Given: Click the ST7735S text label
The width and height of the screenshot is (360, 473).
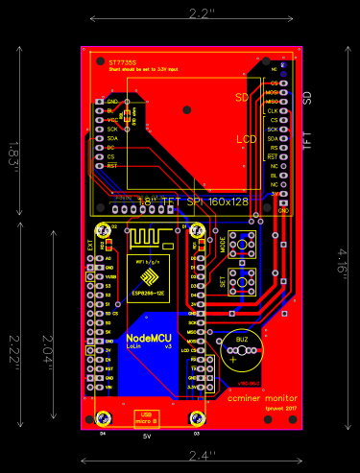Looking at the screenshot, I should pyautogui.click(x=123, y=60).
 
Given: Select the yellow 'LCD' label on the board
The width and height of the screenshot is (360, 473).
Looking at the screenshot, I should pyautogui.click(x=246, y=140).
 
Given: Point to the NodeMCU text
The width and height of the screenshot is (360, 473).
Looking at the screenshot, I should pyautogui.click(x=148, y=339).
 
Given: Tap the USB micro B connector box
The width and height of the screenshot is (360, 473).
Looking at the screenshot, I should pyautogui.click(x=148, y=416).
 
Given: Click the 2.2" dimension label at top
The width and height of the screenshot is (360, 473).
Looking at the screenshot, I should pyautogui.click(x=201, y=14).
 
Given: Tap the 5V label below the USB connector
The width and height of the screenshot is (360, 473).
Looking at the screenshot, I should pyautogui.click(x=148, y=436).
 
